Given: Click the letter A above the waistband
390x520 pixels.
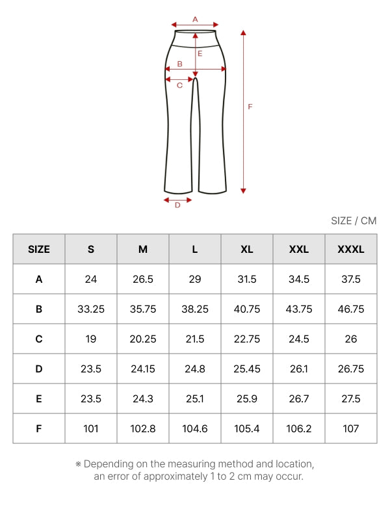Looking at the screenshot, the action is click(x=195, y=19).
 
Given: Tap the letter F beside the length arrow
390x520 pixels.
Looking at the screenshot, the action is click(x=250, y=107).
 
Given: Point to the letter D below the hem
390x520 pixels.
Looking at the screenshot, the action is click(x=177, y=205).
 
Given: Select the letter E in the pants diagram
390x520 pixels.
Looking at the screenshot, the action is click(x=200, y=53).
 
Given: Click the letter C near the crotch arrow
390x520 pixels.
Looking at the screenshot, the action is click(x=179, y=86).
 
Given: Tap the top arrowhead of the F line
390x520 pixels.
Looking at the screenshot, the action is click(x=243, y=32).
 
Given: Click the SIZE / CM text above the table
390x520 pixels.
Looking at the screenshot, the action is click(x=354, y=221).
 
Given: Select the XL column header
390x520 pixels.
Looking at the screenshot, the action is click(x=247, y=250).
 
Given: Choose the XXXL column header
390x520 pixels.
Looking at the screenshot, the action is click(x=351, y=250).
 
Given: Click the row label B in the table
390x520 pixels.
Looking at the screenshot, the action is click(x=39, y=309).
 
